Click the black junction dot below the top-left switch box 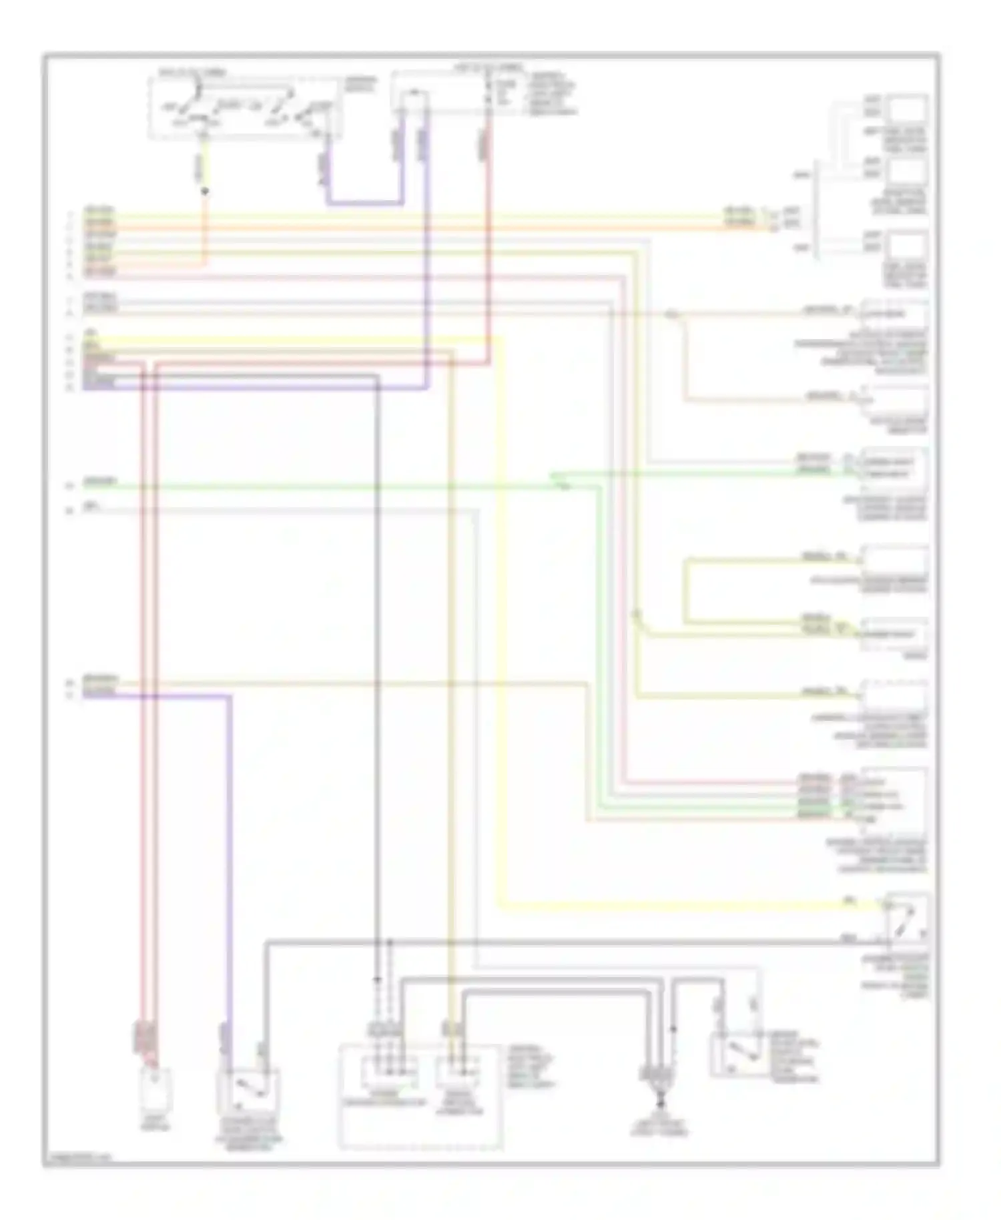coord(205,192)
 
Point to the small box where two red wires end coord(155,1087)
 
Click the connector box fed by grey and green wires coord(892,467)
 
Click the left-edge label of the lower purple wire coord(99,695)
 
